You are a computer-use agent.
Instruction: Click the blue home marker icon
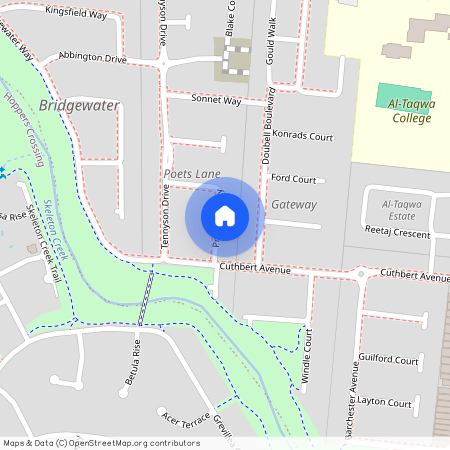pos(225,215)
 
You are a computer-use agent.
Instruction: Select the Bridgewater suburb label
pos(81,105)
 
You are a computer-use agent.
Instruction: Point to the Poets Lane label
pos(192,174)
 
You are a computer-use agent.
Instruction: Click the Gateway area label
pos(294,205)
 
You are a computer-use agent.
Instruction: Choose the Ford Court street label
pos(293,180)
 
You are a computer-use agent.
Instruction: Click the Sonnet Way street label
pos(217,101)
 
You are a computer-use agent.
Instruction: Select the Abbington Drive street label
pos(92,58)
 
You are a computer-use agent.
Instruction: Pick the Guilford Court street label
pos(387,359)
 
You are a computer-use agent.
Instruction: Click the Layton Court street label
pos(385,404)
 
